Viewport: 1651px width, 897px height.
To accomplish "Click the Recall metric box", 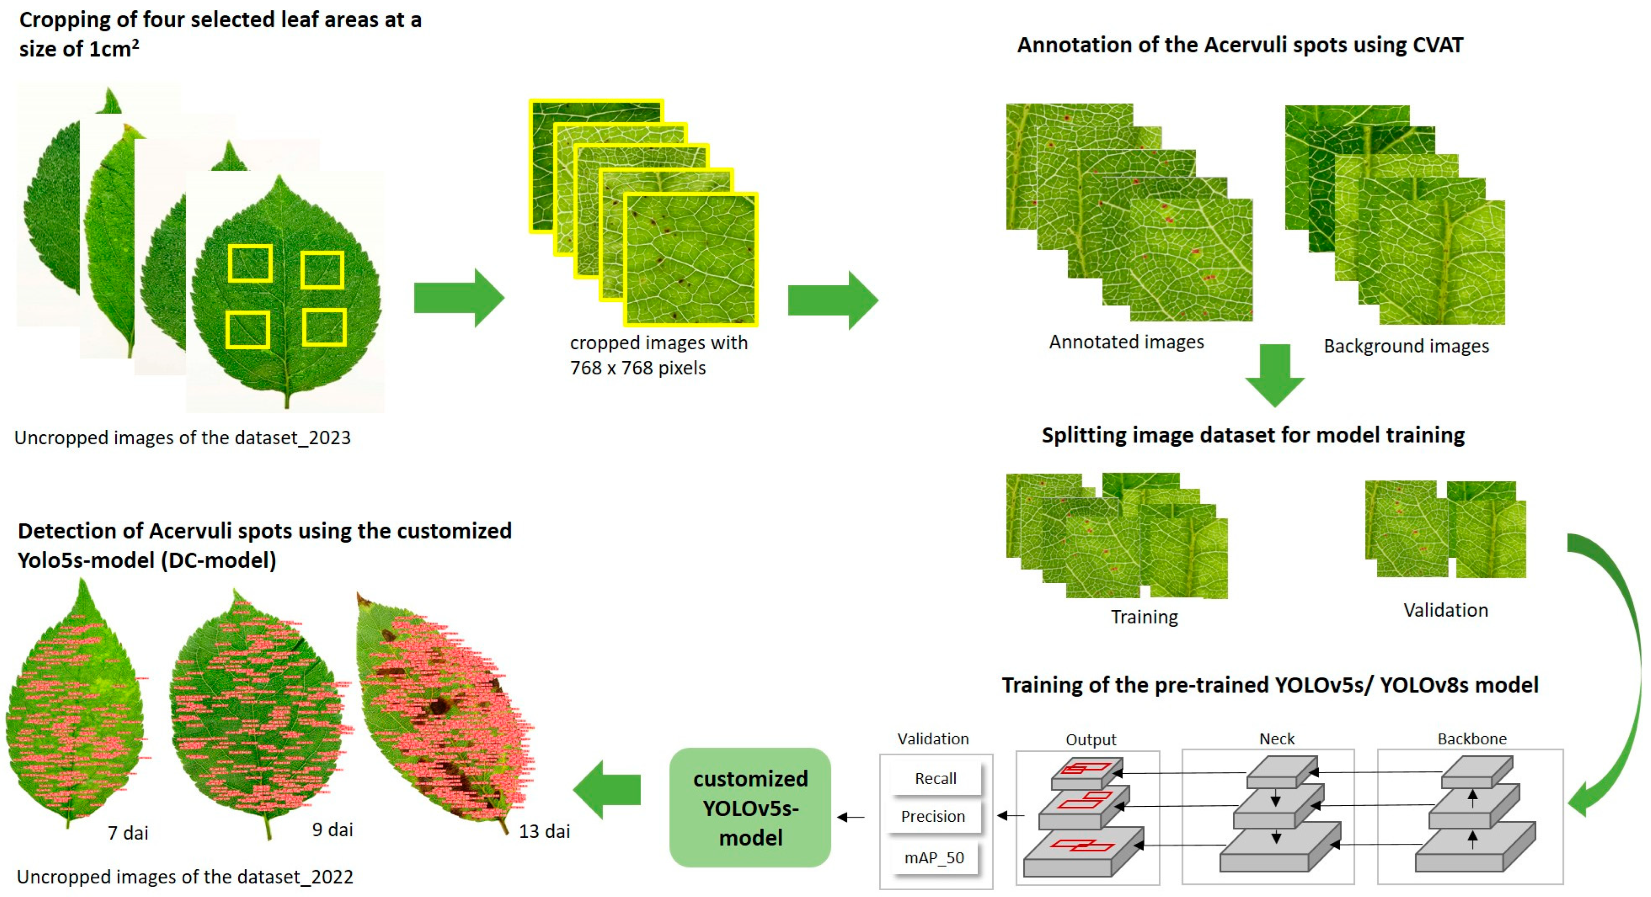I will point(935,778).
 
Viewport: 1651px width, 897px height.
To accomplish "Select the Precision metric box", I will point(933,816).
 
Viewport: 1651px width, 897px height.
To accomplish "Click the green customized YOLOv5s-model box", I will point(750,808).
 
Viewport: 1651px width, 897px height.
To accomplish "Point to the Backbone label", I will point(1472,739).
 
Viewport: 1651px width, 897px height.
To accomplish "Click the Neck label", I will point(1277,739).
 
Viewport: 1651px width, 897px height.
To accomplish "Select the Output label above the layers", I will point(1091,740).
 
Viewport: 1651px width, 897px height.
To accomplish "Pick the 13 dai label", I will point(544,831).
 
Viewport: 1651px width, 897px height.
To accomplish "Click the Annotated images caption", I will point(1126,342).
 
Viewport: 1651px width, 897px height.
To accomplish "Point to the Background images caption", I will point(1406,346).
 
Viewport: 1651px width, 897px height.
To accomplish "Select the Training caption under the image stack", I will point(1144,617).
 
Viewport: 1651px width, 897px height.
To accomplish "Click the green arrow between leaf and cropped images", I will point(459,298).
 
